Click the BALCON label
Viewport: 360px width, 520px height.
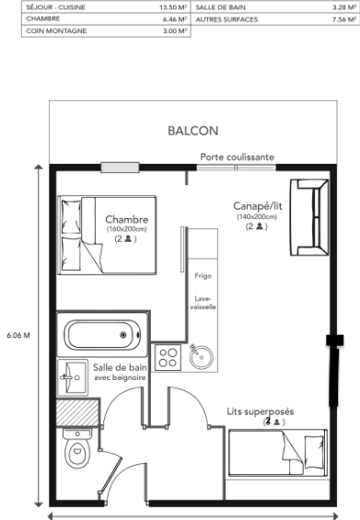(x=192, y=131)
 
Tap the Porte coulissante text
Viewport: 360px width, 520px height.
(x=237, y=157)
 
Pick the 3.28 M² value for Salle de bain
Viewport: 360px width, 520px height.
(x=343, y=6)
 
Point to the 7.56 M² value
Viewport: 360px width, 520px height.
(x=343, y=17)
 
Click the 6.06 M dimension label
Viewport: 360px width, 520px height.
(x=18, y=335)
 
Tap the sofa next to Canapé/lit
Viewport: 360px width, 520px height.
(x=309, y=217)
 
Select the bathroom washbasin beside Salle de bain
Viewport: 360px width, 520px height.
(x=73, y=374)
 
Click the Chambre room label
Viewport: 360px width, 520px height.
(x=126, y=219)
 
